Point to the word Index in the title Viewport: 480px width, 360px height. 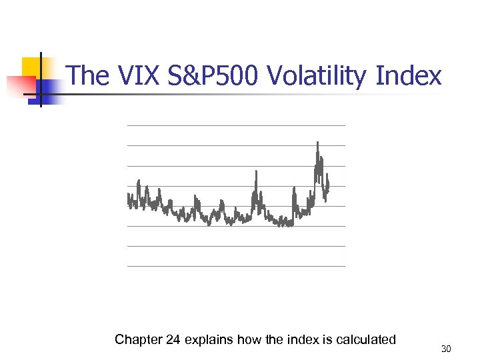point(408,76)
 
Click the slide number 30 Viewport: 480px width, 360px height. point(446,349)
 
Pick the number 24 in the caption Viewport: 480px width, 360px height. point(172,340)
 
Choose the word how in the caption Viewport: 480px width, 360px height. point(251,340)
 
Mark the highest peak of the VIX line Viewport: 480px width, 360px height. point(317,143)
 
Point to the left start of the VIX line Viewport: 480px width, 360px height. point(128,197)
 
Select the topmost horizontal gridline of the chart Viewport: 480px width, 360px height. point(236,125)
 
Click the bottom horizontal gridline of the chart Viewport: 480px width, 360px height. point(236,266)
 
